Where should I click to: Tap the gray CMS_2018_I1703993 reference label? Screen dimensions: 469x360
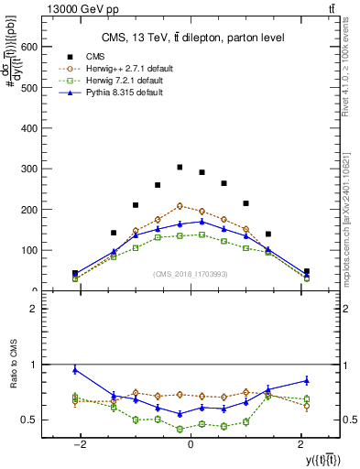coord(191,273)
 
